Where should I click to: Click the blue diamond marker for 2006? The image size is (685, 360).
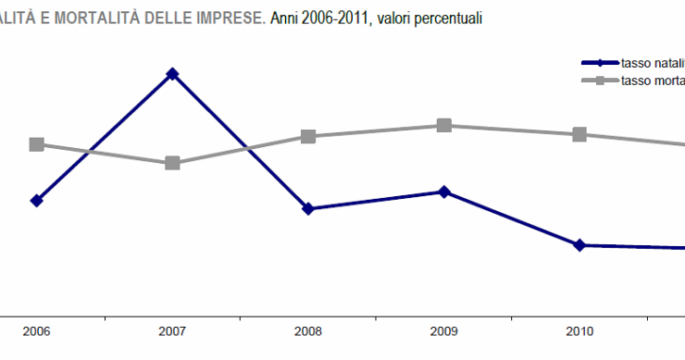(x=37, y=200)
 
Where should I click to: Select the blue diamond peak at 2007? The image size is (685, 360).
(x=172, y=73)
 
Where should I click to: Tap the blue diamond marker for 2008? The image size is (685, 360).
(x=308, y=209)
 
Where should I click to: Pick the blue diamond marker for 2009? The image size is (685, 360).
(x=444, y=192)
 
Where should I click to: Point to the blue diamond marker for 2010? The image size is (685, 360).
(x=579, y=245)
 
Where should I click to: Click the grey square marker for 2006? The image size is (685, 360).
(x=37, y=144)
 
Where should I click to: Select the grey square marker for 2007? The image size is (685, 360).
(x=172, y=163)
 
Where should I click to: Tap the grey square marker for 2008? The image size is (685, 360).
(x=308, y=136)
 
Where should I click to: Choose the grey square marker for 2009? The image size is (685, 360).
(x=444, y=125)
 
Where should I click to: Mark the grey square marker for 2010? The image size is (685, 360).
(x=579, y=134)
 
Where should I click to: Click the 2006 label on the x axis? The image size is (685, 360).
(x=37, y=331)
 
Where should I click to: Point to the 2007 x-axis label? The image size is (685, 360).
(x=172, y=331)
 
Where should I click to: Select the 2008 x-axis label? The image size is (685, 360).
(x=308, y=331)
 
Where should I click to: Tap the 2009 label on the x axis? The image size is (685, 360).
(x=444, y=331)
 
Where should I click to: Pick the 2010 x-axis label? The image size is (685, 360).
(x=579, y=331)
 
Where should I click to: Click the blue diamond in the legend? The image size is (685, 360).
(x=600, y=63)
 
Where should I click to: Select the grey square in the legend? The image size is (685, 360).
(x=600, y=81)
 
